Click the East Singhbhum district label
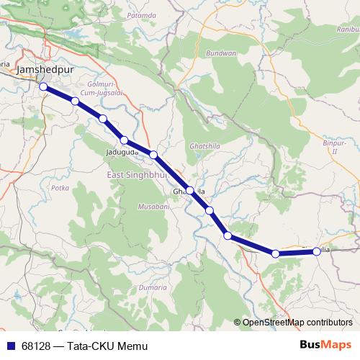[136, 175]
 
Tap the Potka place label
[60, 186]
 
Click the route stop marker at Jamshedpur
[43, 86]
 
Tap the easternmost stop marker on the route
[317, 251]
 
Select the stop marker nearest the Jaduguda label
[125, 140]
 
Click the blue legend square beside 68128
[13, 346]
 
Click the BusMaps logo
[327, 345]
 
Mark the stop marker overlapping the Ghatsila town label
[189, 191]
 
